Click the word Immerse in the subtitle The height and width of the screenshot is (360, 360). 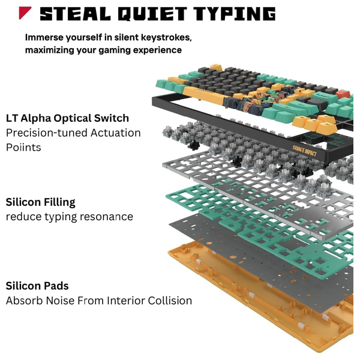coord(45,37)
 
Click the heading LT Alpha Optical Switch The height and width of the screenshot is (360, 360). coord(67,118)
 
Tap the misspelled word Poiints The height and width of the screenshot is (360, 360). coord(23,147)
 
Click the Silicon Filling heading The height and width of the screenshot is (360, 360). coord(41,202)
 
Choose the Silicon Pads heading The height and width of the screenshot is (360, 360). coord(37,286)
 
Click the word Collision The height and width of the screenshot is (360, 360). coord(167,301)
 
